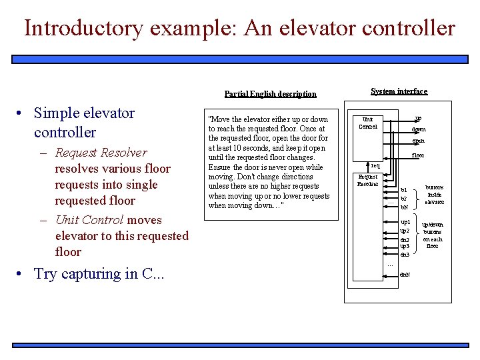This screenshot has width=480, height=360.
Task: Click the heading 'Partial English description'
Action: coord(270,94)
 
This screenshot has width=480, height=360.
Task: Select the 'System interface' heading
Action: coord(399,91)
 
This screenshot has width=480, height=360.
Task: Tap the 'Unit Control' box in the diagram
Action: coord(368,123)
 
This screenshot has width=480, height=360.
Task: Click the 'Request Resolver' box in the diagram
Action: coord(368,180)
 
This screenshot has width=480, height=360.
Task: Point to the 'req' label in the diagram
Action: coord(375,165)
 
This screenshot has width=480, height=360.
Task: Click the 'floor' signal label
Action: coord(418,155)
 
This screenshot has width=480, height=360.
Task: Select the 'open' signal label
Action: coord(418,141)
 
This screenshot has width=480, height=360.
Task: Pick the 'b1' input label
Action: coord(403,190)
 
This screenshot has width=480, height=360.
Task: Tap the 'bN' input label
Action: coord(404,207)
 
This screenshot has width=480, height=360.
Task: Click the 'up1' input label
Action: coord(405,221)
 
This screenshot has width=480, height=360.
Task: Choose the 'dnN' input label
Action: coord(405,274)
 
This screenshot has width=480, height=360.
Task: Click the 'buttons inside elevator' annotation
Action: coord(435,195)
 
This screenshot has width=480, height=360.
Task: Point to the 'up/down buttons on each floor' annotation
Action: coord(432,235)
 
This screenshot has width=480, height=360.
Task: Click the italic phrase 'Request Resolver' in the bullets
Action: coord(101,153)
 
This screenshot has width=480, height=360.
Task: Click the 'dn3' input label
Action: coord(405,255)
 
